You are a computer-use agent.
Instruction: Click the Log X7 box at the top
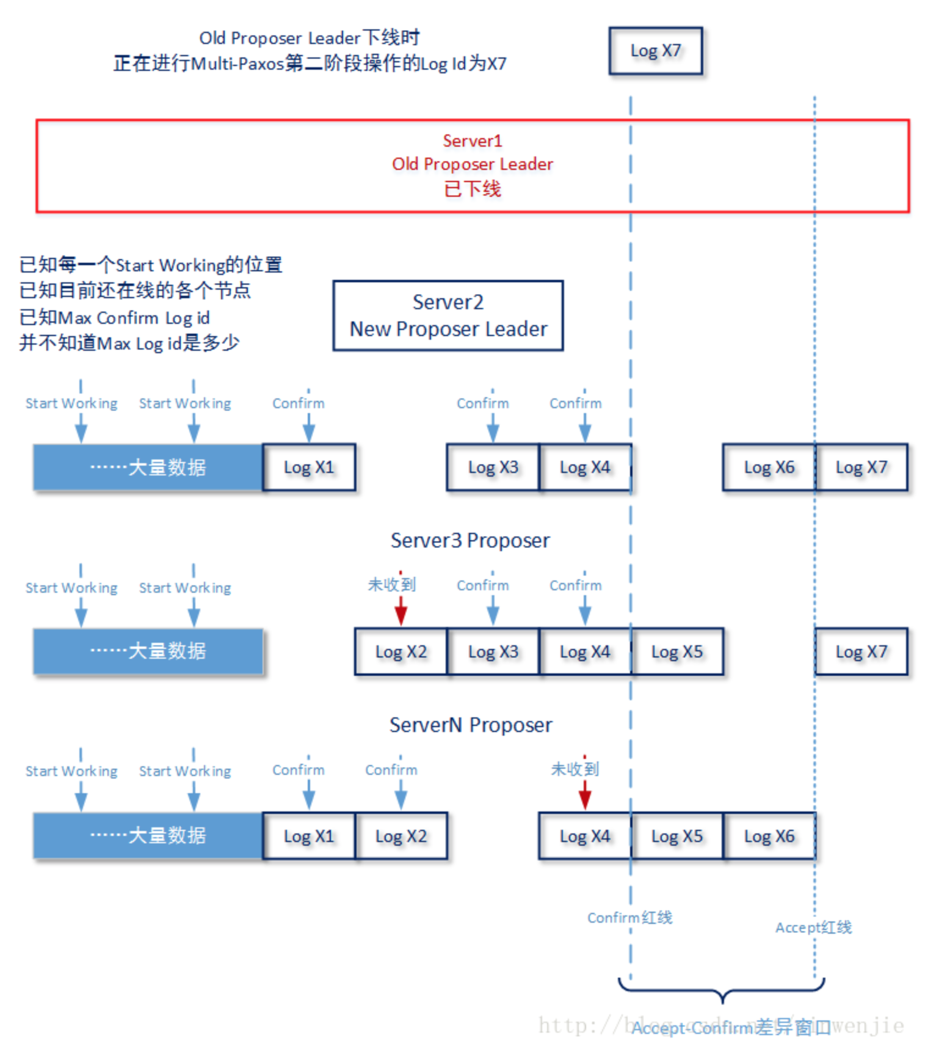point(655,51)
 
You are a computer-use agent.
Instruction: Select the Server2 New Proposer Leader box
point(448,315)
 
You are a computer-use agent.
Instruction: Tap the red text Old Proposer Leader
point(472,164)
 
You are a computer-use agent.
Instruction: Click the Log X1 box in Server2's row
point(309,467)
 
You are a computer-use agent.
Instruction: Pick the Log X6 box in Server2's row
point(769,467)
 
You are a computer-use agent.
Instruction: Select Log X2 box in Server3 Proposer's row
point(401,651)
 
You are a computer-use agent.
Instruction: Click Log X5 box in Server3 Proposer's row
point(676,651)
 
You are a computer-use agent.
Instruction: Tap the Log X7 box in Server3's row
point(861,651)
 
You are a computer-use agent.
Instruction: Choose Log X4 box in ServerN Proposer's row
point(584,836)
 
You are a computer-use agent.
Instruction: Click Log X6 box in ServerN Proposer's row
point(769,836)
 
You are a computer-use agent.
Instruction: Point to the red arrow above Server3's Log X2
point(401,609)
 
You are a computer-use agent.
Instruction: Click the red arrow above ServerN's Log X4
point(584,794)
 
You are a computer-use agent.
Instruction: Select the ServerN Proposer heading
point(470,725)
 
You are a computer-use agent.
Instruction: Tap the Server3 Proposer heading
point(470,540)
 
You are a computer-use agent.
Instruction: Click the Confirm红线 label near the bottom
point(629,917)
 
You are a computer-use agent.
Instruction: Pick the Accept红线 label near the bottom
point(813,927)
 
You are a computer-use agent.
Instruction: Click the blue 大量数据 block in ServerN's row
point(148,836)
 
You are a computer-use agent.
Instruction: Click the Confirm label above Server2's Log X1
point(298,403)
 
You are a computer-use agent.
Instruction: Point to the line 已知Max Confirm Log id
point(115,318)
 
